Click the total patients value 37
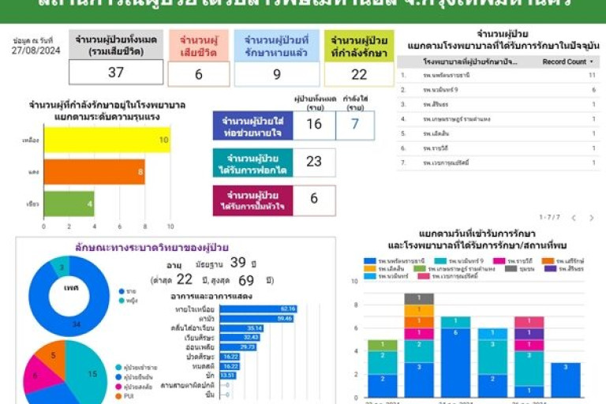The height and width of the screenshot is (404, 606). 116,73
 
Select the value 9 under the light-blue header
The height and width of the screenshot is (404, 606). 276,74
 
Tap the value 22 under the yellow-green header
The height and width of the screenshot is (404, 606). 359,74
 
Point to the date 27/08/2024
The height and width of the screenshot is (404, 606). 37,50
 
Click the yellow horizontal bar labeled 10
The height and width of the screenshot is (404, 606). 107,140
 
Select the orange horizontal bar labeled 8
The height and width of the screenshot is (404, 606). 94,171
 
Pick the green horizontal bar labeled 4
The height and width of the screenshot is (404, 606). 69,203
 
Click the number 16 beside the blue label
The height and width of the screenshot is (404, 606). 314,124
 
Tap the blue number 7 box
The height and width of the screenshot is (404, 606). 355,124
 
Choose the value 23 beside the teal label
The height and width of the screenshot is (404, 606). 314,161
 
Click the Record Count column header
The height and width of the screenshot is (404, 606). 565,62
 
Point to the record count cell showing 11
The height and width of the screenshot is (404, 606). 591,76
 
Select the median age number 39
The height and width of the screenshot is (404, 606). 238,262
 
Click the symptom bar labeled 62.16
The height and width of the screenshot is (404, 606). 257,309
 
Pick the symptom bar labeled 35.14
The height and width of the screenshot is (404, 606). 241,327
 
